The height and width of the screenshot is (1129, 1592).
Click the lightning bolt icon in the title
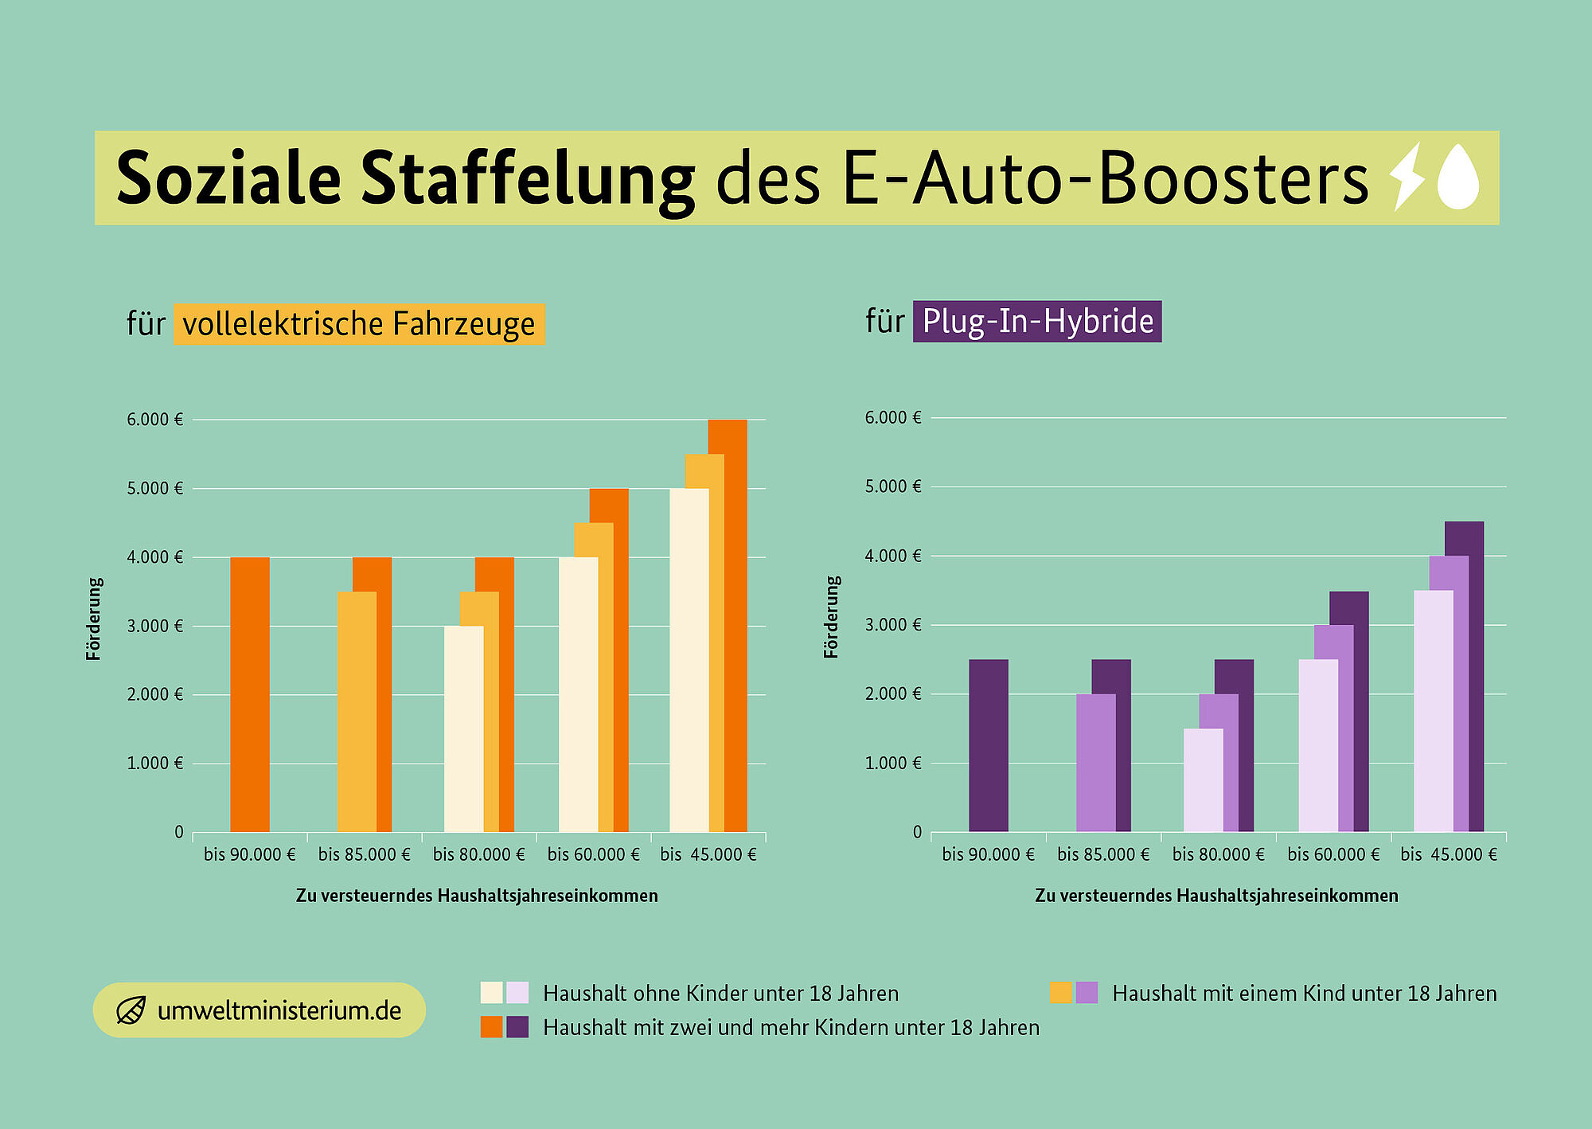click(x=1407, y=177)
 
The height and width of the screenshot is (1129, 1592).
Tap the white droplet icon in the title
click(x=1458, y=178)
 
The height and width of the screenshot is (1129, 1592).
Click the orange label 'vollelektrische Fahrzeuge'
click(x=359, y=324)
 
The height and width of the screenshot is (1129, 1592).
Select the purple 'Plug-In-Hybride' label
click(x=1037, y=322)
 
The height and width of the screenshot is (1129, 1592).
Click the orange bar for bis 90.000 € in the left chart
click(x=250, y=694)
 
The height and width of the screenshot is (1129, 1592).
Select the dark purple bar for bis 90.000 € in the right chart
click(x=989, y=745)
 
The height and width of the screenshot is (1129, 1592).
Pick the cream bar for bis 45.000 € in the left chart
click(x=689, y=661)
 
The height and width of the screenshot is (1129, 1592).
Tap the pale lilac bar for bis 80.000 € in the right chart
click(x=1203, y=780)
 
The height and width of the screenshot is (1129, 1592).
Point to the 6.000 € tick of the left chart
click(x=154, y=420)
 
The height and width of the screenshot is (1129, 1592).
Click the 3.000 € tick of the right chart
click(x=893, y=625)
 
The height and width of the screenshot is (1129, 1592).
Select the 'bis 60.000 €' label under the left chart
click(x=593, y=854)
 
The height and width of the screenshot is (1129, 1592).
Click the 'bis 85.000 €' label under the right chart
click(x=1103, y=854)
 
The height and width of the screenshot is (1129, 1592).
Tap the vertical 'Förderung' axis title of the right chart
click(x=831, y=617)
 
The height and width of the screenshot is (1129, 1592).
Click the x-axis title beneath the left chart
click(x=477, y=896)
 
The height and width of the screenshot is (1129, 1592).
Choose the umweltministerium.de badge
click(x=259, y=1010)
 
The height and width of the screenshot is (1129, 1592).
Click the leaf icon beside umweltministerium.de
click(x=131, y=1010)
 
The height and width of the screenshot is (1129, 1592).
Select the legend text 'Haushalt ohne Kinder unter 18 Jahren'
click(x=720, y=994)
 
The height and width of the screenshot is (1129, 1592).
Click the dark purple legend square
click(x=517, y=1027)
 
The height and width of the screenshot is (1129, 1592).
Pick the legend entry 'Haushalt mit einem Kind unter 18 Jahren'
click(x=1304, y=994)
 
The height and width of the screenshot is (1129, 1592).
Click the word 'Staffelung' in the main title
click(x=528, y=179)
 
